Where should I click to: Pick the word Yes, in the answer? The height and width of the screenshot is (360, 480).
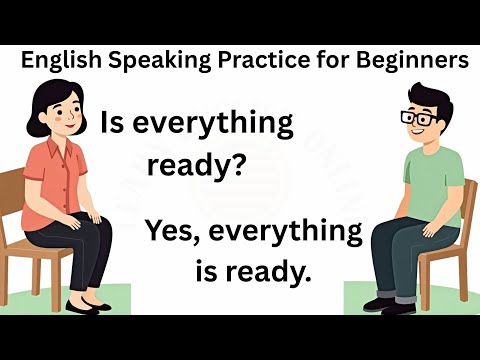(x=176, y=232)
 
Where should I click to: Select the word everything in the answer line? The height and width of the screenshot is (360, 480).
(x=288, y=232)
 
